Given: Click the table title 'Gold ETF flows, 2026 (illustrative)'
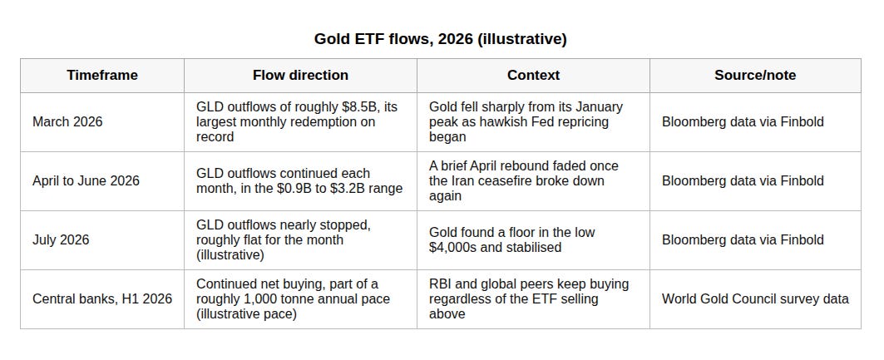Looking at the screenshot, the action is tap(440, 39).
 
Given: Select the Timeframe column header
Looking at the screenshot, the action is tap(102, 76).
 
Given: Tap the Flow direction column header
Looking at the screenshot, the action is tap(300, 76).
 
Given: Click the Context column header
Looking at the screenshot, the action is tap(533, 76).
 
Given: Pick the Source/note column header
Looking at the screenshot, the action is tap(755, 76).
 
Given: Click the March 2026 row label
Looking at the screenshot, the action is tap(67, 121).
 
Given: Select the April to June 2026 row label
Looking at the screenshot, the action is tap(86, 181).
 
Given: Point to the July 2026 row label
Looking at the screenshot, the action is tap(61, 240).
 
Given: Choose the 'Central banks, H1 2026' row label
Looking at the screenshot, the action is tap(102, 298).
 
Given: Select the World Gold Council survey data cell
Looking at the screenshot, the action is tap(755, 298).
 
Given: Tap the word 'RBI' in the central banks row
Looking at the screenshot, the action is tap(439, 284).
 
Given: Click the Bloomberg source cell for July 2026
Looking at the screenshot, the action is tap(743, 240).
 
